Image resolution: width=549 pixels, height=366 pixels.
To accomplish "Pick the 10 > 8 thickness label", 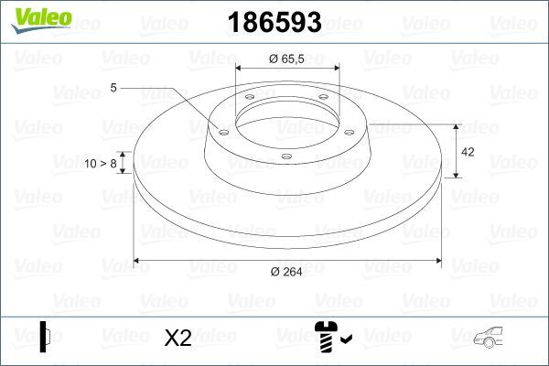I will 101,164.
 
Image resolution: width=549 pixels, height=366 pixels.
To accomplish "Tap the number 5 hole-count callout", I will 113,88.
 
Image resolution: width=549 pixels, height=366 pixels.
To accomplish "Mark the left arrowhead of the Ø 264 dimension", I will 137,261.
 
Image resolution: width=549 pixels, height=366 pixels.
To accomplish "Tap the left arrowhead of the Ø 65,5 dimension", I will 240,69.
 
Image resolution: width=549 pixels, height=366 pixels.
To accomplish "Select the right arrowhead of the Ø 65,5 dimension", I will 337,69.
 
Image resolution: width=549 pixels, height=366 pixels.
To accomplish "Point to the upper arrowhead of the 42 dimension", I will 457,126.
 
